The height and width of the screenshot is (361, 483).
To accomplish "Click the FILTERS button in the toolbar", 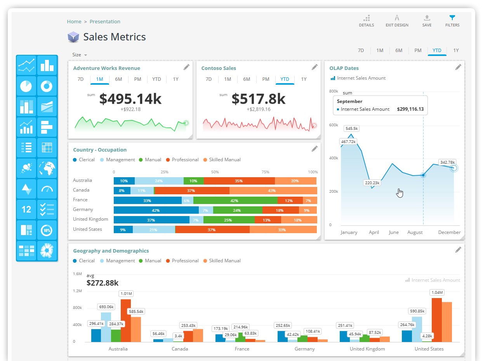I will tap(452, 21).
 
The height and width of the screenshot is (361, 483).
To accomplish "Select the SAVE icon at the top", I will tap(427, 21).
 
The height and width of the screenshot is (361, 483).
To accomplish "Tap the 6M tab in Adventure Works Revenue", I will tap(118, 79).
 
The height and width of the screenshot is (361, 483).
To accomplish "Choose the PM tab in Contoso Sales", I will tap(266, 79).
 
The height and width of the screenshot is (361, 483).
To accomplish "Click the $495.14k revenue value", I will tap(130, 99).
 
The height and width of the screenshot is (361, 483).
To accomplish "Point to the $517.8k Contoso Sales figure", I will tap(258, 99).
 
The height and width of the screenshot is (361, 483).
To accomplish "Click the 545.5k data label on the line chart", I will tap(351, 128).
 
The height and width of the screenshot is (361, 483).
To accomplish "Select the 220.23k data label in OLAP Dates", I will tap(372, 183).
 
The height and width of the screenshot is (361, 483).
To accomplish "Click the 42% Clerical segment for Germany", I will tap(156, 210).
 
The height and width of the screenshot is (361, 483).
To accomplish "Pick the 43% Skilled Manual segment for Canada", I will tap(272, 191).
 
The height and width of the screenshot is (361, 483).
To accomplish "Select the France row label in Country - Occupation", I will tap(80, 200).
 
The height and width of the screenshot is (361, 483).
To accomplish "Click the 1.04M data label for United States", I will tap(437, 292).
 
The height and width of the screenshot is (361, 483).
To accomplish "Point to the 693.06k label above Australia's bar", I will tap(106, 307).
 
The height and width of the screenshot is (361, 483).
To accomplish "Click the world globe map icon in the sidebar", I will tap(47, 168).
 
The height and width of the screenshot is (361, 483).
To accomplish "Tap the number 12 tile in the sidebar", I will tap(26, 209).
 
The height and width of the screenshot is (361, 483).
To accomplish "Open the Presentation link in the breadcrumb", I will tap(105, 22).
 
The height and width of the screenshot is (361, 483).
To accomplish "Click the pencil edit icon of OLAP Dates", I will tap(458, 67).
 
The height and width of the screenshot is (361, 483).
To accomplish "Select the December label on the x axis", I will tap(449, 232).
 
